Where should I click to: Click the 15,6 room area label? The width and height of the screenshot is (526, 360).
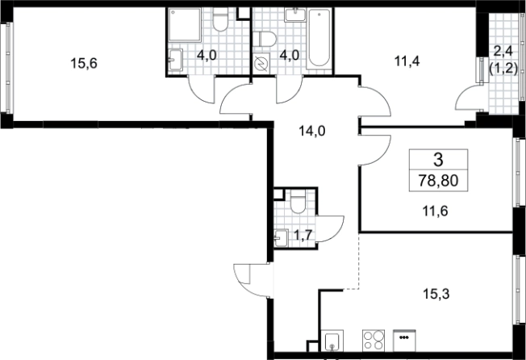click(x=84, y=63)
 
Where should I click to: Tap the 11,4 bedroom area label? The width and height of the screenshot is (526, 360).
click(x=407, y=61)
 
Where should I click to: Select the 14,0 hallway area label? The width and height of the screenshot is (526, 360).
click(x=312, y=131)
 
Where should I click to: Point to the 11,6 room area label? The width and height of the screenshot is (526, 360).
click(x=436, y=211)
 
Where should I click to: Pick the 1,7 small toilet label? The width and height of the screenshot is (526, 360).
click(x=303, y=235)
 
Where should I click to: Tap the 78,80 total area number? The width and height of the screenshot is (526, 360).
click(x=438, y=181)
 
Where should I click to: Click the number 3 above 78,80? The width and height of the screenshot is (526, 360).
click(x=438, y=160)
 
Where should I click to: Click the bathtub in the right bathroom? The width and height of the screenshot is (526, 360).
click(x=319, y=37)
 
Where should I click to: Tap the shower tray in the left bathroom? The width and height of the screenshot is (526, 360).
click(x=185, y=25)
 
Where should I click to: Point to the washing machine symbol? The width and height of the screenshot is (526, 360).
click(x=261, y=63)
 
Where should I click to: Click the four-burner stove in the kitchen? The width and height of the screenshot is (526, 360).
click(x=374, y=340)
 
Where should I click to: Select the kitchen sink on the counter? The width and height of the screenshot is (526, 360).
click(x=332, y=341)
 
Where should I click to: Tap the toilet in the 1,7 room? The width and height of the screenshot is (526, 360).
click(x=298, y=201)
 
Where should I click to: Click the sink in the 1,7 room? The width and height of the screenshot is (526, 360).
click(x=281, y=238)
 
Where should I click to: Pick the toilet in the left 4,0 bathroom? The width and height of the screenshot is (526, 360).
click(x=220, y=20)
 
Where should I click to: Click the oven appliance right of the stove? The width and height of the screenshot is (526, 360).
click(x=404, y=341)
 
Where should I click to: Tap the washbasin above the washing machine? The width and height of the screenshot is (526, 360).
click(x=295, y=15)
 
